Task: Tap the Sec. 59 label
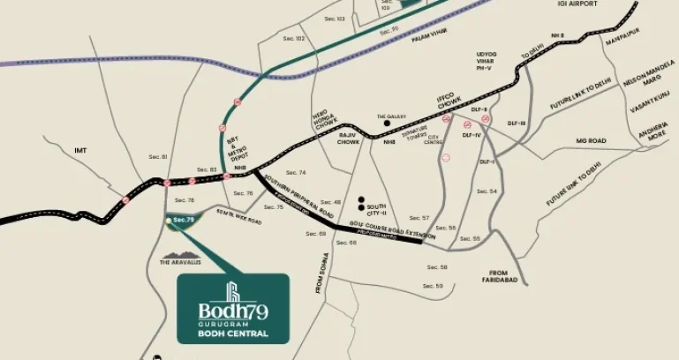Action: (x=434, y=286)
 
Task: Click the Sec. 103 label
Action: (x=334, y=19)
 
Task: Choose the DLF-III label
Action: (x=517, y=123)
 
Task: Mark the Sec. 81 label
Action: (x=158, y=156)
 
